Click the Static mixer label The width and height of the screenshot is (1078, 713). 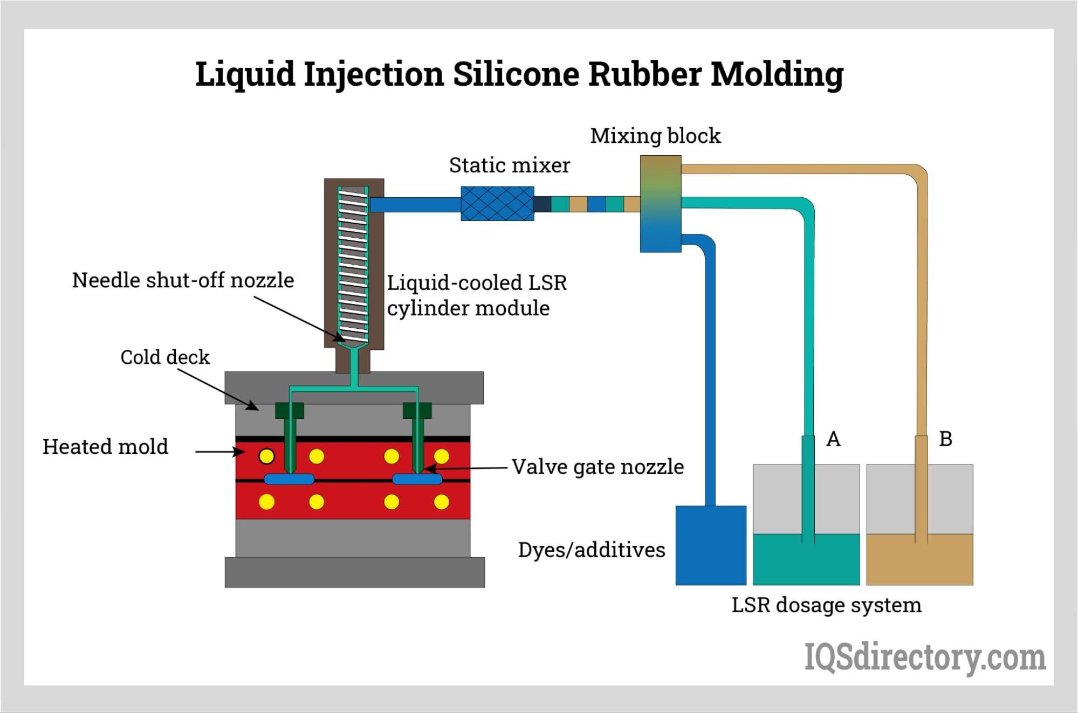(x=509, y=165)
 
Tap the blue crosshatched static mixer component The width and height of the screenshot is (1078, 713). (x=497, y=204)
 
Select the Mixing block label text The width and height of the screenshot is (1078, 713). (x=655, y=136)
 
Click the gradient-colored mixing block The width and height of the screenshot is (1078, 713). (x=661, y=204)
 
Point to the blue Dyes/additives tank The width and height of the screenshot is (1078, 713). (x=711, y=545)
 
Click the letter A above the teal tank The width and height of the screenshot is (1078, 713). (x=833, y=439)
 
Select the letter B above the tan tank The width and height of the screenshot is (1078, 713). (x=945, y=439)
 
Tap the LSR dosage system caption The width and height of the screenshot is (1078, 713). (x=826, y=605)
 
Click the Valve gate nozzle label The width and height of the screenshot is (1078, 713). (x=598, y=467)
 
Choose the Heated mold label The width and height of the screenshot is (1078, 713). (x=106, y=447)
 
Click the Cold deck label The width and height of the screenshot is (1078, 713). (x=165, y=357)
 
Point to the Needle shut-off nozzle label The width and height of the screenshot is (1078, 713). (x=183, y=280)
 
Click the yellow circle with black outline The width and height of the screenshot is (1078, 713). (x=266, y=456)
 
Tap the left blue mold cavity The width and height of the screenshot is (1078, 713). (x=289, y=479)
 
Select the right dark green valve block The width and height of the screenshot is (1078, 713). (x=417, y=410)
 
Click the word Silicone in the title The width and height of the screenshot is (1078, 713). (x=516, y=74)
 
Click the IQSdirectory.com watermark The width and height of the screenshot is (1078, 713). (x=925, y=657)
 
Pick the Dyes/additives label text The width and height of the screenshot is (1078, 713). (x=592, y=550)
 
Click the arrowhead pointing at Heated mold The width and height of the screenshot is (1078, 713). (x=240, y=451)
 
